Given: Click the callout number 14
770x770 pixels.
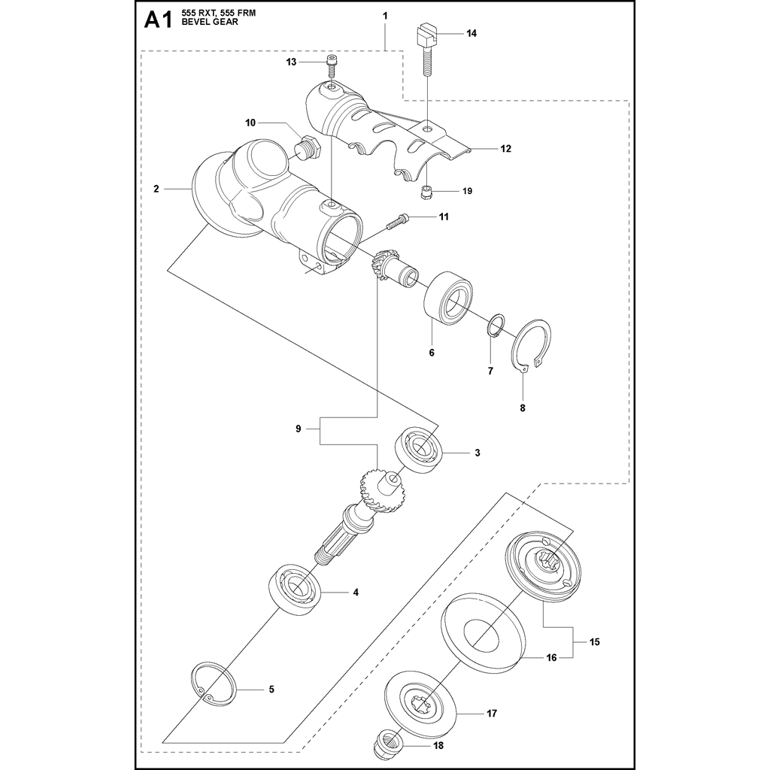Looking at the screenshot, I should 471,34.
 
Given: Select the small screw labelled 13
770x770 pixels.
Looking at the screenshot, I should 331,65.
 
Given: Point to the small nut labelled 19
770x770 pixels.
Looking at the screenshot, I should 426,191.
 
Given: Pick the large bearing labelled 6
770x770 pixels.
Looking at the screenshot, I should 449,299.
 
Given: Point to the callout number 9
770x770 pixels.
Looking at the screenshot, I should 299,429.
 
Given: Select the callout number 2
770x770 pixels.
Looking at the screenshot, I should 156,189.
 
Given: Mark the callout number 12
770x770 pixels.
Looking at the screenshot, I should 505,149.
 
